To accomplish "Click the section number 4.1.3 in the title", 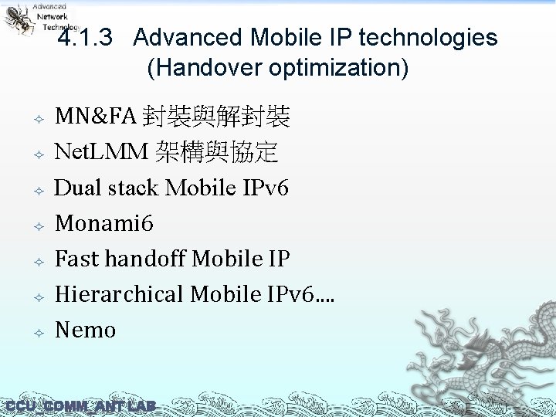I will tap(85, 38).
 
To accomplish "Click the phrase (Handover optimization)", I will tap(277, 68).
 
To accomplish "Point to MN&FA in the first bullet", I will tap(95, 117).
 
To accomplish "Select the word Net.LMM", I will tap(101, 153).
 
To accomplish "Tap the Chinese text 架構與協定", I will tap(216, 153).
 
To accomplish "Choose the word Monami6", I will tap(104, 224).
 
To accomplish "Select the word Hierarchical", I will tap(120, 295).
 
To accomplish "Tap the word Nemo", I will tap(85, 331).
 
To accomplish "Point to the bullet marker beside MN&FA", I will tap(36, 120).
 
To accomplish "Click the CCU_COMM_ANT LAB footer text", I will tap(80, 406).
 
